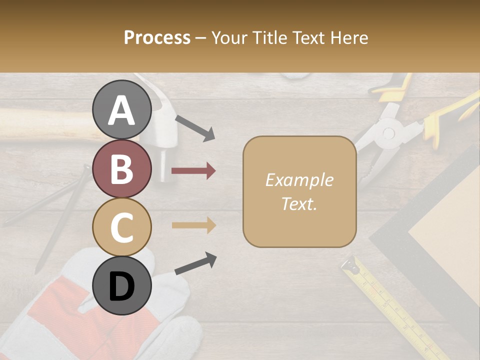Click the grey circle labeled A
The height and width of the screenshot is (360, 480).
(x=122, y=109)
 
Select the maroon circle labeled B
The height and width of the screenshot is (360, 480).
(x=122, y=168)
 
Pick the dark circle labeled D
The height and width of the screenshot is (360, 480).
(x=122, y=285)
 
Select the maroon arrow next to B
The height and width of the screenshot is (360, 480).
(x=193, y=171)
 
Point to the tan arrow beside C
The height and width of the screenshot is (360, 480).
(x=193, y=225)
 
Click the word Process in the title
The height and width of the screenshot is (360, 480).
(x=157, y=37)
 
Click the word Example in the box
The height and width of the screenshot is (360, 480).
(x=299, y=180)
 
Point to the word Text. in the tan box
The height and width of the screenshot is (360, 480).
(x=299, y=203)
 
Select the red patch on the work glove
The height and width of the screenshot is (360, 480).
(x=60, y=305)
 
